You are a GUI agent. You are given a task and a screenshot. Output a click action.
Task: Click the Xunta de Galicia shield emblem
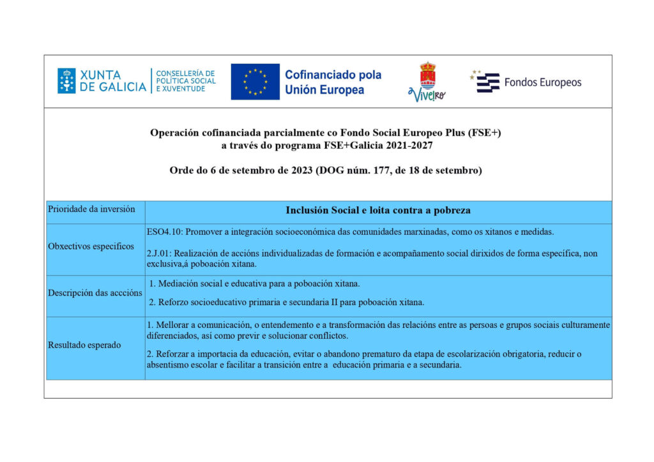(66, 81)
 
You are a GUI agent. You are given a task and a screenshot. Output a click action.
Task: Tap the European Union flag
(255, 81)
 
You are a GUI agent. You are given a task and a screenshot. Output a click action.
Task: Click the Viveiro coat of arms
(427, 75)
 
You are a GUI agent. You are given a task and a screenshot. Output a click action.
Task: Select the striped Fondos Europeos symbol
(488, 82)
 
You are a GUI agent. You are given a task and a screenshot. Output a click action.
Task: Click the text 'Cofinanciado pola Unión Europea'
(333, 82)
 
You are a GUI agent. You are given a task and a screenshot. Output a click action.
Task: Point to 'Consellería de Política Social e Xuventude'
(186, 81)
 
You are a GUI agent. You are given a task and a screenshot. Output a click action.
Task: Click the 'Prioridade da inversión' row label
(91, 209)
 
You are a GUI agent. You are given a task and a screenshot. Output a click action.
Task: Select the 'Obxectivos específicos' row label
(91, 246)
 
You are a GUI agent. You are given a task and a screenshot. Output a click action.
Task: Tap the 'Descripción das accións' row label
(95, 293)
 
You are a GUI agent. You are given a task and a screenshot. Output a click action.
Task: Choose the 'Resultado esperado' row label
(84, 345)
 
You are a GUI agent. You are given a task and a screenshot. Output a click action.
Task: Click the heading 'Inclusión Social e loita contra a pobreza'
(378, 210)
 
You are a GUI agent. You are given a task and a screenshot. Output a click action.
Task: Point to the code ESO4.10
(165, 231)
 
